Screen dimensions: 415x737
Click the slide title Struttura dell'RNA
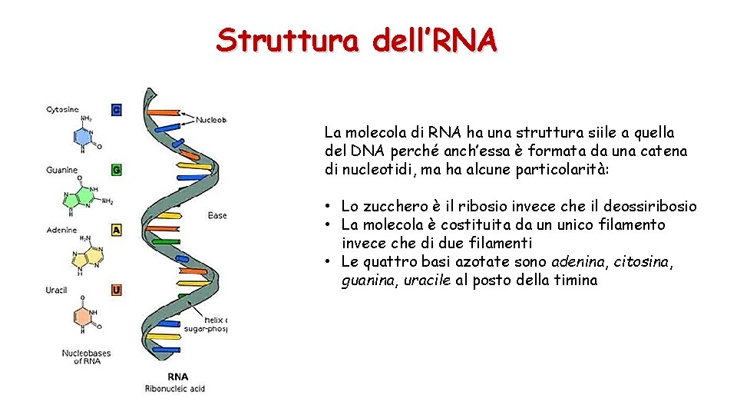pyautogui.click(x=357, y=39)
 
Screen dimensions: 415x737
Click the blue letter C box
pyautogui.click(x=117, y=110)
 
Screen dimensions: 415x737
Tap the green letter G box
pyautogui.click(x=117, y=169)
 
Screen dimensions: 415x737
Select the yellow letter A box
pyautogui.click(x=117, y=230)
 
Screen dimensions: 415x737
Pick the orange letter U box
pyautogui.click(x=117, y=290)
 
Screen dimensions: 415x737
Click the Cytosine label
pyautogui.click(x=62, y=110)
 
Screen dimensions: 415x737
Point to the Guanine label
pyautogui.click(x=61, y=170)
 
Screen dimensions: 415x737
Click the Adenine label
pyautogui.click(x=61, y=230)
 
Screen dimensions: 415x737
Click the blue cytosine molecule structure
pyautogui.click(x=84, y=137)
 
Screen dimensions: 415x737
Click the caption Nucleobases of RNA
pyautogui.click(x=86, y=357)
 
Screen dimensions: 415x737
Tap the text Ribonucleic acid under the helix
pyautogui.click(x=175, y=389)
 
